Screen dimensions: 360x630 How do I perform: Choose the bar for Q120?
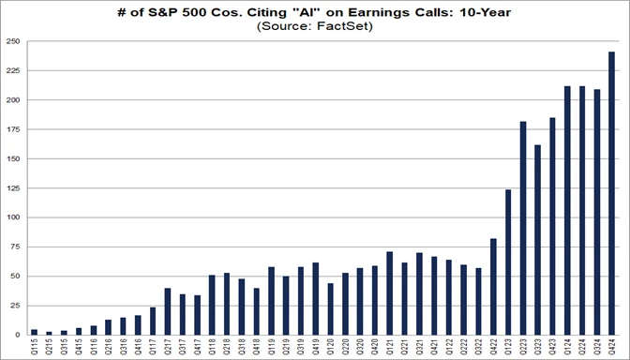[x=330, y=308]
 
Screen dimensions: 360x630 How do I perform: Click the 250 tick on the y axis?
[x=13, y=41]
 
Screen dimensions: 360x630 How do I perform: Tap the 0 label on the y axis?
[x=18, y=335]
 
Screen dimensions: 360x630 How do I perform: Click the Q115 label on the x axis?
[x=34, y=347]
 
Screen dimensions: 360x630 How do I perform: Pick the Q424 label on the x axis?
[x=612, y=347]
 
